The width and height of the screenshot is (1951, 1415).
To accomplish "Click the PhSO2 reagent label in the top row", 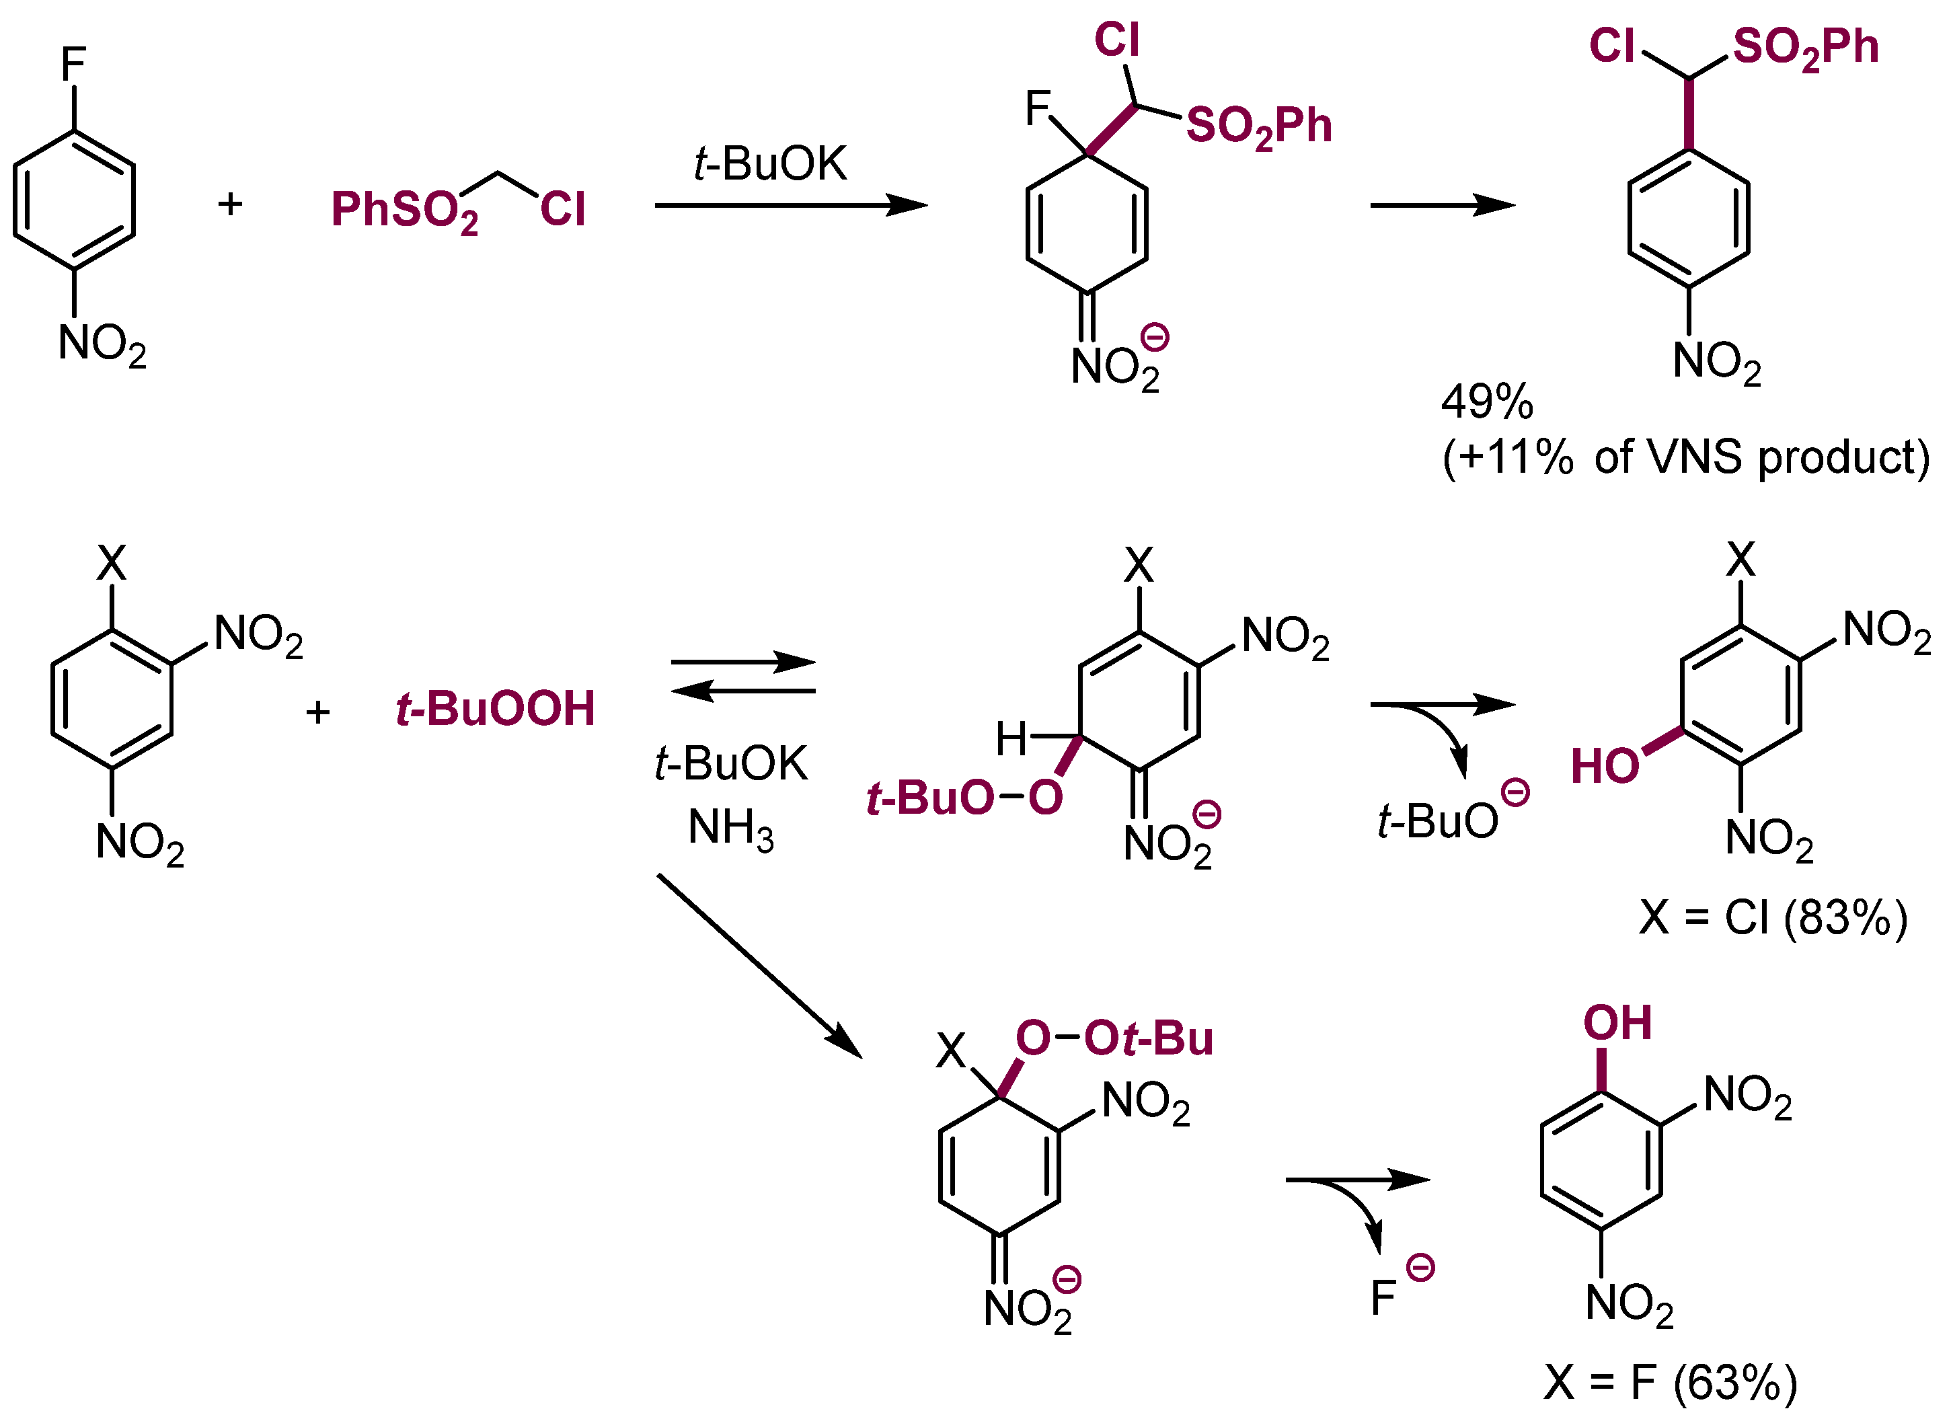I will coord(404,211).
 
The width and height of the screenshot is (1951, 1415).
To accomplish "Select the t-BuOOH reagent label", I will coord(496,710).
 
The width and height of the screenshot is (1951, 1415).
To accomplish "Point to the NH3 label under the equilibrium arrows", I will coord(730,829).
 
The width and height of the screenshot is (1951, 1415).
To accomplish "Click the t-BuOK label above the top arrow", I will coord(770,163).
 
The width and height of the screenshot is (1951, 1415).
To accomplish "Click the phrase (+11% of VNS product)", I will coord(1686,457).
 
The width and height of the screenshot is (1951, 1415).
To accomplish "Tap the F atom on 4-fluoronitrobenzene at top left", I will coord(73,64).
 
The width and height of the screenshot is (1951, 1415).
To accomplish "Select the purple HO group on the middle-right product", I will coord(1605,765).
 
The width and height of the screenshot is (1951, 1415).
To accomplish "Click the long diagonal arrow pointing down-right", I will coord(759,965).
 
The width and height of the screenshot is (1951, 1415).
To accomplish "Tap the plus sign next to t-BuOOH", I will coord(318,712).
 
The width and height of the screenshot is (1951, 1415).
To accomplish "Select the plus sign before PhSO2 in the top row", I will coord(230,204).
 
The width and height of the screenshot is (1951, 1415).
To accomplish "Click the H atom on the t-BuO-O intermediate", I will coord(1011,738).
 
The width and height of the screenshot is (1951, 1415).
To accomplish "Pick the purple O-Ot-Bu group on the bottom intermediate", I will coord(1114,1038).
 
